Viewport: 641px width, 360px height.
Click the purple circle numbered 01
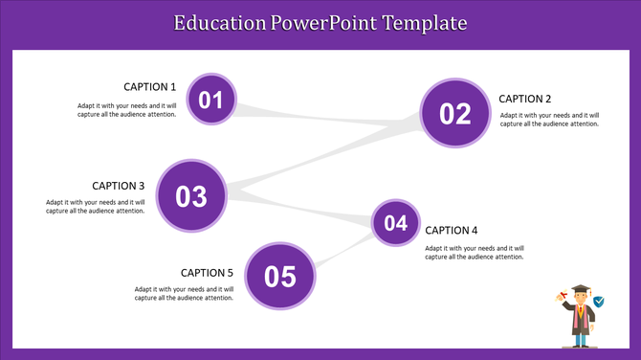[210, 100]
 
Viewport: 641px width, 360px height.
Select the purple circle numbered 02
[455, 114]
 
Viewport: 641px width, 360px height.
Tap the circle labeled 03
[191, 196]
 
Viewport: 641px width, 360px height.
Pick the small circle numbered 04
[395, 224]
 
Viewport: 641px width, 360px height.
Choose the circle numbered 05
[280, 277]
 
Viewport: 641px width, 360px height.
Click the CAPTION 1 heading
[150, 87]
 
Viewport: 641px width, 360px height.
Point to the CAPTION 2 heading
[525, 99]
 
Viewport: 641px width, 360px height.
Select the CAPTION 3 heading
[119, 186]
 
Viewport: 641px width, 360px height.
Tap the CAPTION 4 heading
[451, 230]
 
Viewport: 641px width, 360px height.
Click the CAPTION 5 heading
[207, 273]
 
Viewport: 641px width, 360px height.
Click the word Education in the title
[219, 22]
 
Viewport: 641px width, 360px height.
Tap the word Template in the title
[425, 22]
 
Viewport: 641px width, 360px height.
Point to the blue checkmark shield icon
[599, 302]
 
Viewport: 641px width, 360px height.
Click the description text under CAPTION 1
[127, 110]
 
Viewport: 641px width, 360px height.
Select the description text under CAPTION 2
[550, 120]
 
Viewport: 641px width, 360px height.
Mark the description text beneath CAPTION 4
[475, 253]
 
